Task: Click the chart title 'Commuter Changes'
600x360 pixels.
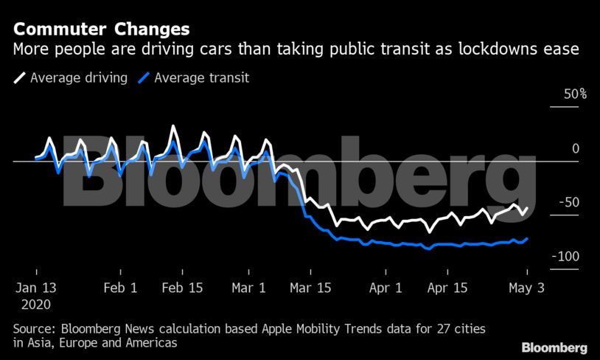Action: tap(101, 30)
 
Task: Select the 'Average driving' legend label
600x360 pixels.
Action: tap(79, 77)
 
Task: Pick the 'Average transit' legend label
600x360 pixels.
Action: tap(201, 77)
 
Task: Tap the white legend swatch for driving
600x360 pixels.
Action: tap(19, 77)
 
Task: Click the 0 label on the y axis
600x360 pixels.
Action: tap(576, 148)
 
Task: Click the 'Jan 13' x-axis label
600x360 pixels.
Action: tap(36, 288)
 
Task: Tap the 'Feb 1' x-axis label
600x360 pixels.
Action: tap(119, 288)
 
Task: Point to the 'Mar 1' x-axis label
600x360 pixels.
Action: tap(248, 288)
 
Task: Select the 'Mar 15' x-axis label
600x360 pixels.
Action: tap(310, 288)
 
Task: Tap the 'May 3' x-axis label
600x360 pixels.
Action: tap(526, 288)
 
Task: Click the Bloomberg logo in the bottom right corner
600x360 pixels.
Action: tap(554, 347)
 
